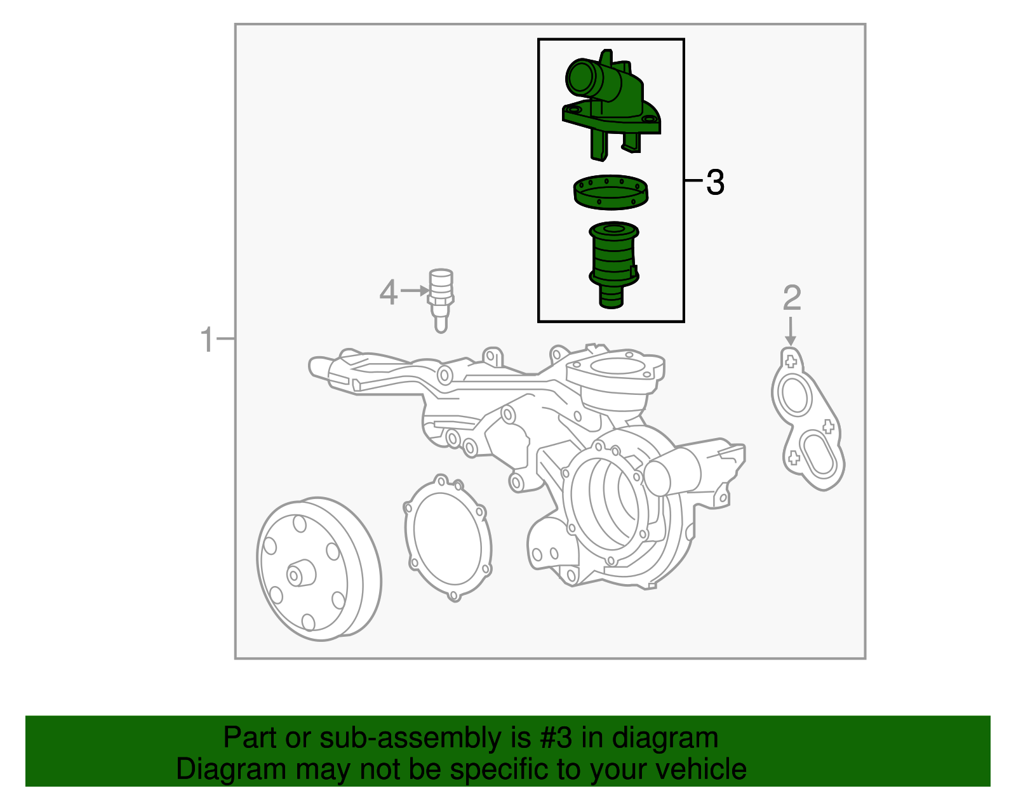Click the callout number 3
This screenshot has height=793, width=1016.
click(x=715, y=183)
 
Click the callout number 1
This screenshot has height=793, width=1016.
click(x=208, y=340)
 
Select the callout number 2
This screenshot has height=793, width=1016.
click(x=792, y=298)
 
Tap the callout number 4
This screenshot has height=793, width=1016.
click(x=388, y=293)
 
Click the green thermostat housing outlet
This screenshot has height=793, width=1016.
click(x=611, y=102)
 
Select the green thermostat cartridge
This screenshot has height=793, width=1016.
click(x=613, y=263)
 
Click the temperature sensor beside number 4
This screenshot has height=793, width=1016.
click(x=441, y=298)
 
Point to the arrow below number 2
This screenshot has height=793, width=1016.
click(x=791, y=331)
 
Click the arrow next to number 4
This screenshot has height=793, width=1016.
click(x=415, y=291)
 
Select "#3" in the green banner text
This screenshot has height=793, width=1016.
click(x=556, y=738)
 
